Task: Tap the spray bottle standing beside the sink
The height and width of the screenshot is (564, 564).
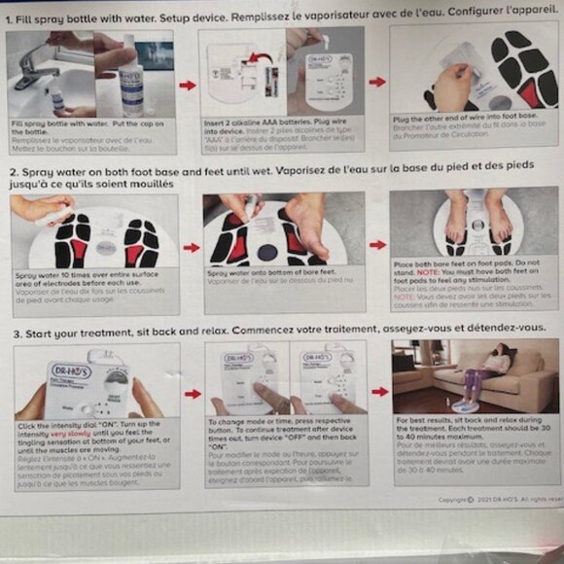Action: click(131, 83)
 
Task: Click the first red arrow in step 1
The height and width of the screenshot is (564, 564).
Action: click(187, 86)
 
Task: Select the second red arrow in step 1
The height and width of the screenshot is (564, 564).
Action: click(376, 82)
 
